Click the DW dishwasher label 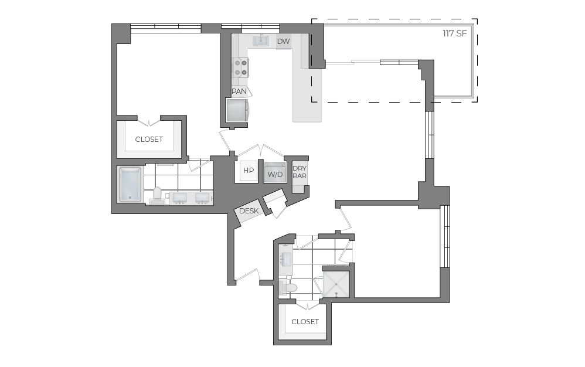283,41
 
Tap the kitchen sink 261,40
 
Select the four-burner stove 240,67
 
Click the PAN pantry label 239,91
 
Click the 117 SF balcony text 455,33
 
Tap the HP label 249,171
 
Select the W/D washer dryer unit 275,173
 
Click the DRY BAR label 300,172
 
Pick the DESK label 249,211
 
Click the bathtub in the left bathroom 130,184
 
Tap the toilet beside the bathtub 157,195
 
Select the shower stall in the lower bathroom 336,284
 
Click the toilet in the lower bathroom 289,287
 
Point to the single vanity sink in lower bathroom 286,259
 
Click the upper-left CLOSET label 149,140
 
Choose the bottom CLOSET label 305,321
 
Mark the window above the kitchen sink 250,26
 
